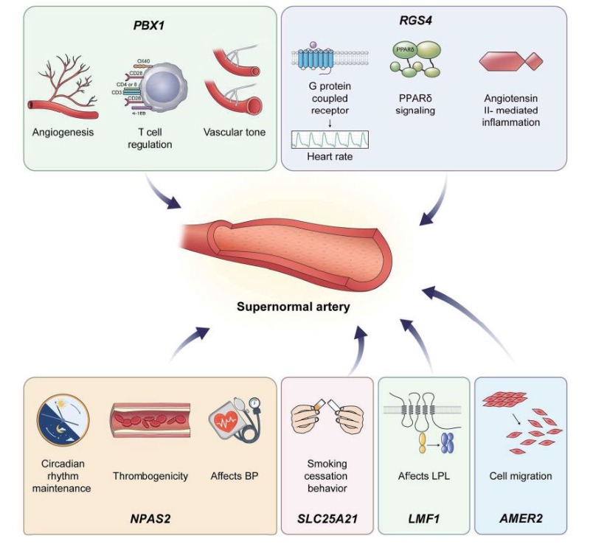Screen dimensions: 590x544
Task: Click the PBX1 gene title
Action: pos(149,26)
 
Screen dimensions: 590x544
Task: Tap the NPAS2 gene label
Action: pos(150,519)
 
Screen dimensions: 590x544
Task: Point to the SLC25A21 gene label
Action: pos(327,519)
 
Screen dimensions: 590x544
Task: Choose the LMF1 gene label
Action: pos(423,519)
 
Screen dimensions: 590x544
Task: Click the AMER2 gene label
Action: pos(521,519)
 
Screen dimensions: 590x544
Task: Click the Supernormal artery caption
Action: pos(293,307)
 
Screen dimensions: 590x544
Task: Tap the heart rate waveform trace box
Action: pos(330,139)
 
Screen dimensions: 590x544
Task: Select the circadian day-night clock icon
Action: pos(63,420)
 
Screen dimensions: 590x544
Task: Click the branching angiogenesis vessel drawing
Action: pos(63,87)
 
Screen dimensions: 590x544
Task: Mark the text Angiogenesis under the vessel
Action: pos(63,132)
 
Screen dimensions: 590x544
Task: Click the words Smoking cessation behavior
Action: pos(326,476)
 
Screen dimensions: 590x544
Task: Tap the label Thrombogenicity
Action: pos(150,476)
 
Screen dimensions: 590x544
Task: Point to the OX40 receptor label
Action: pos(144,61)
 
